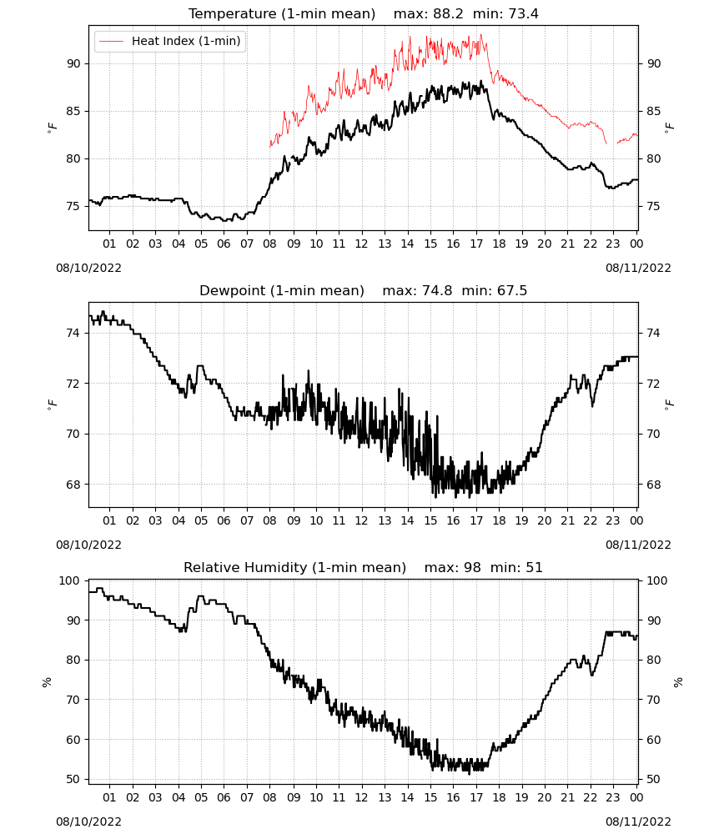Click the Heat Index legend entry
click(x=169, y=41)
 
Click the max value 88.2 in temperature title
click(x=448, y=13)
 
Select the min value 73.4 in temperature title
click(x=523, y=13)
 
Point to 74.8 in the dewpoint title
click(x=437, y=290)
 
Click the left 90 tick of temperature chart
click(x=73, y=63)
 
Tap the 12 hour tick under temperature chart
click(x=362, y=244)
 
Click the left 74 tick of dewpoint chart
click(x=73, y=333)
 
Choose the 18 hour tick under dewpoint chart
click(x=499, y=520)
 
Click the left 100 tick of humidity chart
click(x=69, y=580)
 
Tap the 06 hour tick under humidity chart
click(x=224, y=797)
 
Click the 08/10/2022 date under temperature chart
click(x=88, y=268)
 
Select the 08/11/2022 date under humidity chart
click(x=638, y=821)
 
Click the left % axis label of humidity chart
click(x=47, y=682)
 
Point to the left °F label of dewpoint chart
click(x=52, y=404)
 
